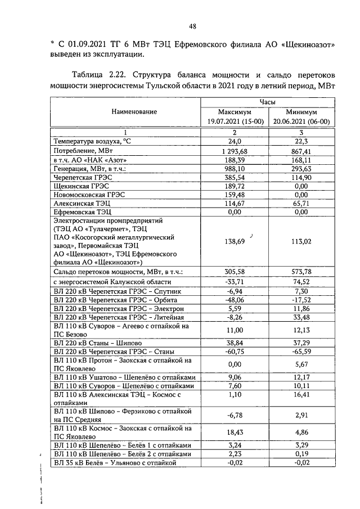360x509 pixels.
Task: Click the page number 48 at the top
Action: [192, 26]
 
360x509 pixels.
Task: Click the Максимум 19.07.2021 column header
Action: [232, 116]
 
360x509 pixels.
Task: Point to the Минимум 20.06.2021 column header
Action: [301, 116]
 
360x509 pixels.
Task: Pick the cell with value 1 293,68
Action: [232, 151]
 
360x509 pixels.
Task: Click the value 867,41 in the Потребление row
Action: [301, 151]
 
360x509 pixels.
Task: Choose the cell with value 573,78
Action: [301, 271]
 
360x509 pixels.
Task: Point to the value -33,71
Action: [232, 281]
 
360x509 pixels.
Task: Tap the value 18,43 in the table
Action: [232, 432]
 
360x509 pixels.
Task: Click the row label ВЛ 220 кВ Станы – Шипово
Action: [97, 342]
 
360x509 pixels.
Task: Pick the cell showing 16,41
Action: [301, 399]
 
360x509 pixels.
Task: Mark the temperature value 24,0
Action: [232, 141]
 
